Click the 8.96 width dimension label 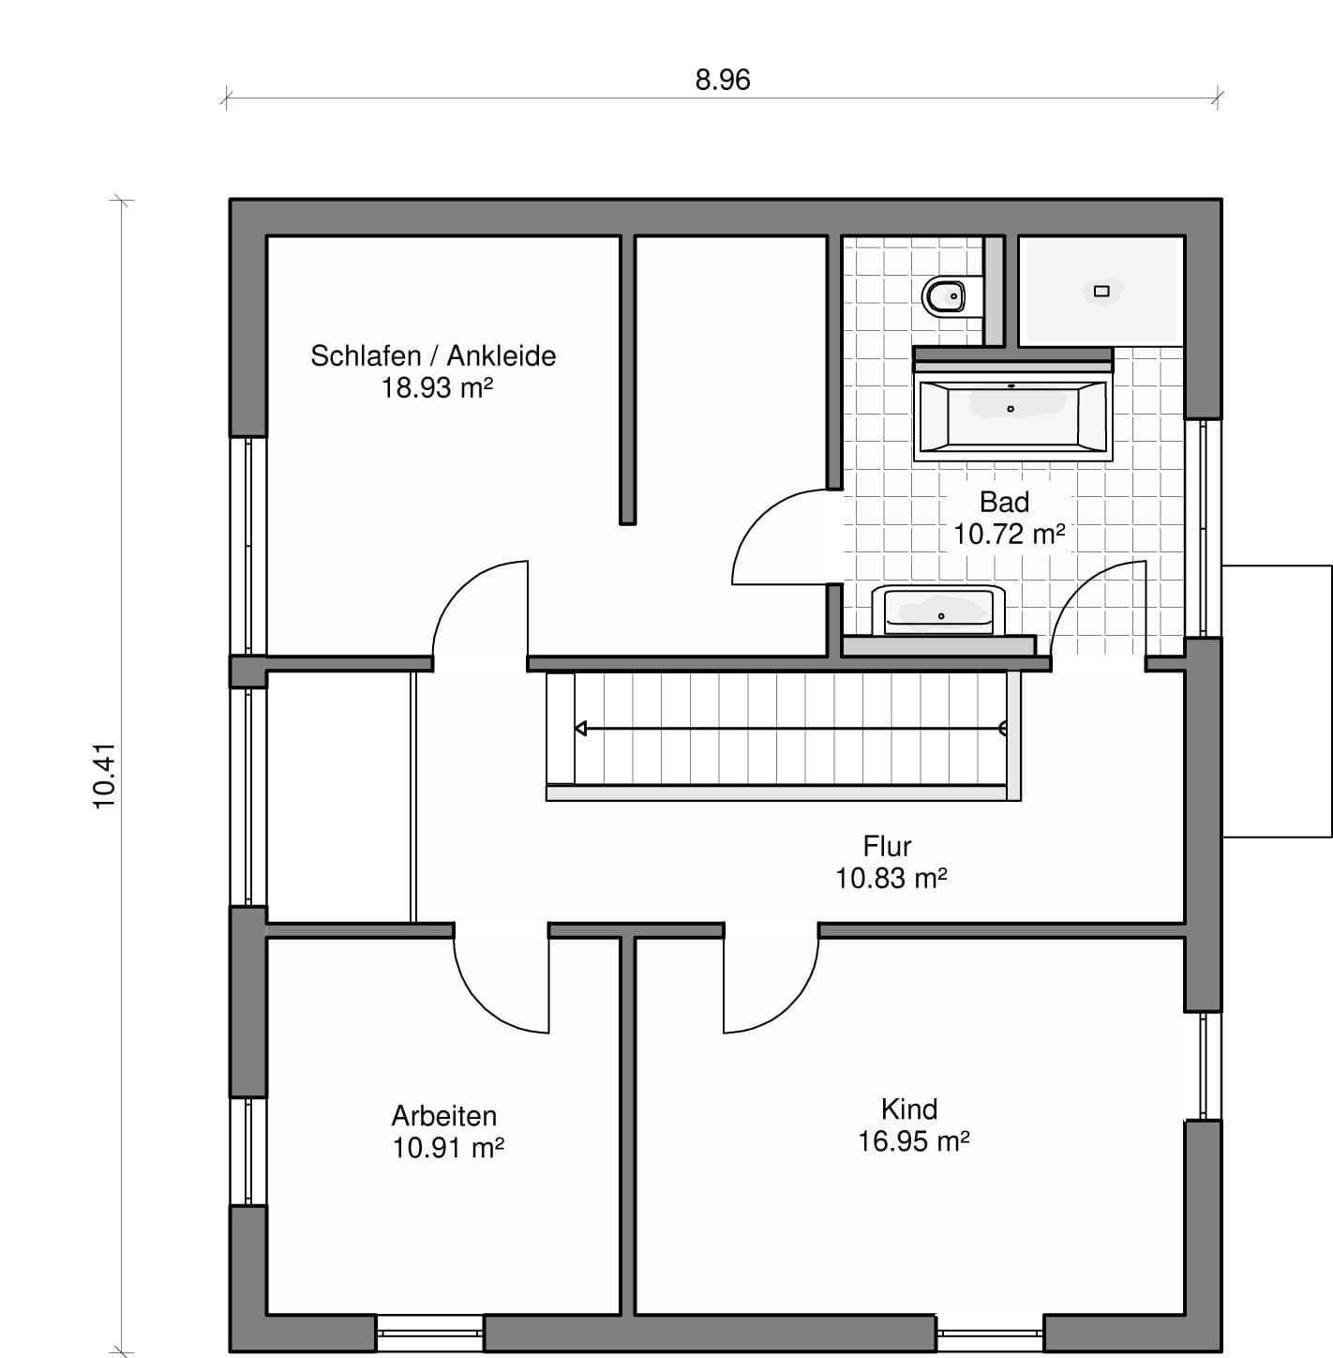[x=723, y=80]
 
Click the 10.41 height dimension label [x=105, y=776]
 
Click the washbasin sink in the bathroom [x=938, y=611]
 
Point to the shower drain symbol [x=1101, y=291]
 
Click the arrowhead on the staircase [x=580, y=728]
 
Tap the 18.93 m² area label [x=437, y=387]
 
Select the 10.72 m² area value [x=1009, y=535]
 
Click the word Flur [x=887, y=846]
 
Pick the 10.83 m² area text [x=891, y=878]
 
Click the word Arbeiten [x=443, y=1116]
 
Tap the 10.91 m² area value [x=447, y=1148]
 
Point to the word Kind [x=909, y=1109]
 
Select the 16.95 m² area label [x=913, y=1141]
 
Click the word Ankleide [x=502, y=355]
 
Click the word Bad [x=1004, y=502]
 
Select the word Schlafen [x=366, y=355]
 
